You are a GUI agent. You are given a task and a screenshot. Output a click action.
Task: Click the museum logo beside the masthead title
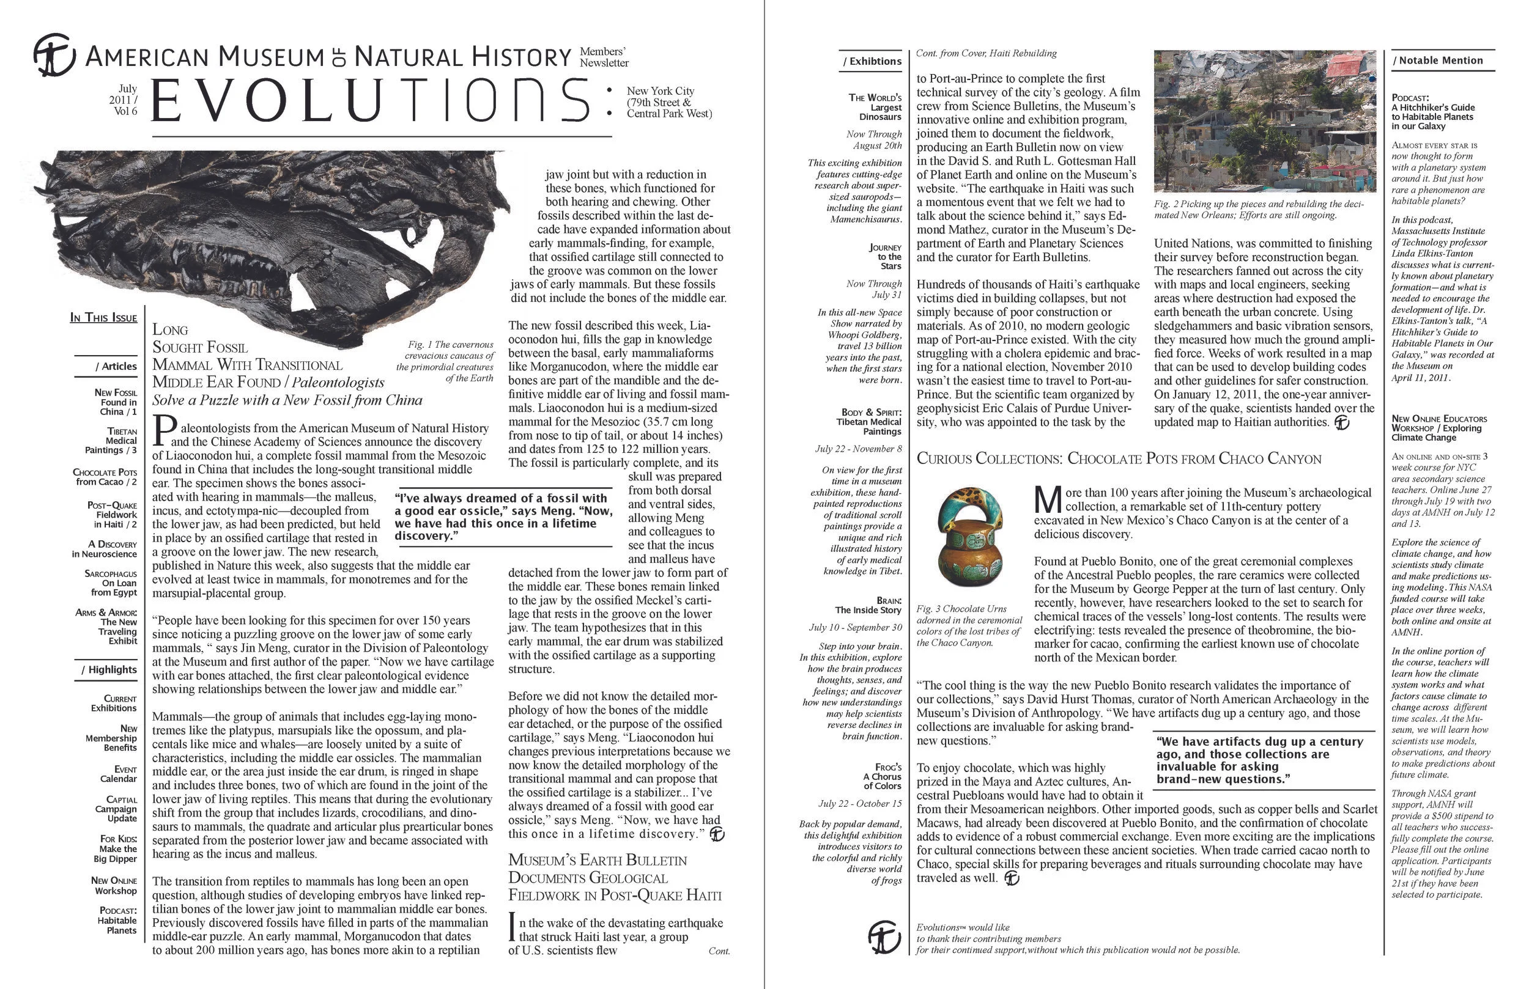54,55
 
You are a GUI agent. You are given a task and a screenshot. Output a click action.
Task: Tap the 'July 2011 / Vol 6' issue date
124,100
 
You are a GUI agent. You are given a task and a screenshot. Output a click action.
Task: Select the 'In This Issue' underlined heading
103,317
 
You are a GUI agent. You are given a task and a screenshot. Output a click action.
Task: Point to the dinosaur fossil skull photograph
270,231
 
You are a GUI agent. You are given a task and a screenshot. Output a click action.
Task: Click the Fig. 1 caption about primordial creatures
446,361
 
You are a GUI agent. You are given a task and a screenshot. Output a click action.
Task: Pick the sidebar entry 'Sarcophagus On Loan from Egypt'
111,583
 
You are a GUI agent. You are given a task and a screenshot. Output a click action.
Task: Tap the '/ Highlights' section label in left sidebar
109,669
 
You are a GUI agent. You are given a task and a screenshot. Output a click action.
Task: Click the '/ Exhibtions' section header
872,61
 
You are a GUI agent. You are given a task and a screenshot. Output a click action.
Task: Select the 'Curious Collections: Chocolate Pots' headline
1118,458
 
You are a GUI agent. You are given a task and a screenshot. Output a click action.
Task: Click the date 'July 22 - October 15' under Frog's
859,803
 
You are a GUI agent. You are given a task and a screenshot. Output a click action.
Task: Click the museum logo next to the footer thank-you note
884,937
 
